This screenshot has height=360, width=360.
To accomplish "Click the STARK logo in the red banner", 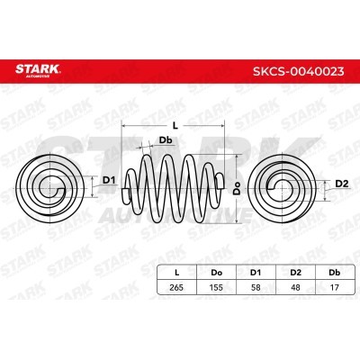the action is pyautogui.click(x=38, y=70).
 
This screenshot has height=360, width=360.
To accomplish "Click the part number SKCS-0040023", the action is pyautogui.click(x=299, y=71).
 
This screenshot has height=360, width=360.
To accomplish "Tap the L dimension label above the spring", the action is pyautogui.click(x=175, y=126).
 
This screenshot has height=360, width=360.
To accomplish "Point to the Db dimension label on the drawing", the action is pyautogui.click(x=166, y=140).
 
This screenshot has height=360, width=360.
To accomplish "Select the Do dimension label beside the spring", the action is pyautogui.click(x=238, y=188).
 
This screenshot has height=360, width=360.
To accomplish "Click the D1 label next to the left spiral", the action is pyautogui.click(x=109, y=180).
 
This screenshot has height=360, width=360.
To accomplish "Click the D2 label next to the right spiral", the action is pyautogui.click(x=342, y=184).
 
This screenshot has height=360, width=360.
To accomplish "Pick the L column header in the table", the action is pyautogui.click(x=177, y=273).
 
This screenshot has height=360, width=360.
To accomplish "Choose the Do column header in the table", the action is pyautogui.click(x=217, y=273).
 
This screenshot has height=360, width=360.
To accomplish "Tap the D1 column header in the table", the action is pyautogui.click(x=256, y=273).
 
